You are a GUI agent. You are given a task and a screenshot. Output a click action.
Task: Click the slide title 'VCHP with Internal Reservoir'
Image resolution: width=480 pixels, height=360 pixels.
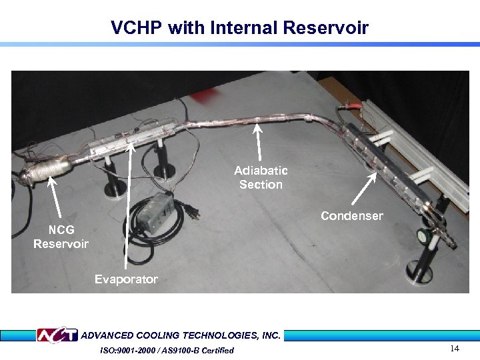click(239, 28)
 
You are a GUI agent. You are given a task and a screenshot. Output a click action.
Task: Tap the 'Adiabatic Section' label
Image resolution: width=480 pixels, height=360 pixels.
click(261, 178)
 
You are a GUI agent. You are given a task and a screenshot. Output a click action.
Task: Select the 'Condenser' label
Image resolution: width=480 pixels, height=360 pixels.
click(351, 216)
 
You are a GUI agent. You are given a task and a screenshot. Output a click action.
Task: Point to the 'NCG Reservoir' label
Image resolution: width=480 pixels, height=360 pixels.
click(61, 237)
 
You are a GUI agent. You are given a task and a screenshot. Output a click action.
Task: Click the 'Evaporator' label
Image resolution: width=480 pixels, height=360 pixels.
click(126, 279)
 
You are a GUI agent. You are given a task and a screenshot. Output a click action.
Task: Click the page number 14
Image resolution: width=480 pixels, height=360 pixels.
click(455, 349)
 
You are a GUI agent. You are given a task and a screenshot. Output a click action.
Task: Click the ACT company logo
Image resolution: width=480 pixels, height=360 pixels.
click(57, 335)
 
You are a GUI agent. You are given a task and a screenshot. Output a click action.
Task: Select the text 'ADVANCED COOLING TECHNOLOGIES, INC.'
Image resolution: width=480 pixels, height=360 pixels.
click(181, 335)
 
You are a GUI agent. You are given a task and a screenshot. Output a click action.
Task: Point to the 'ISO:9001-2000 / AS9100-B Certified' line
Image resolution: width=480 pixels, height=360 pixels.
click(167, 351)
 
